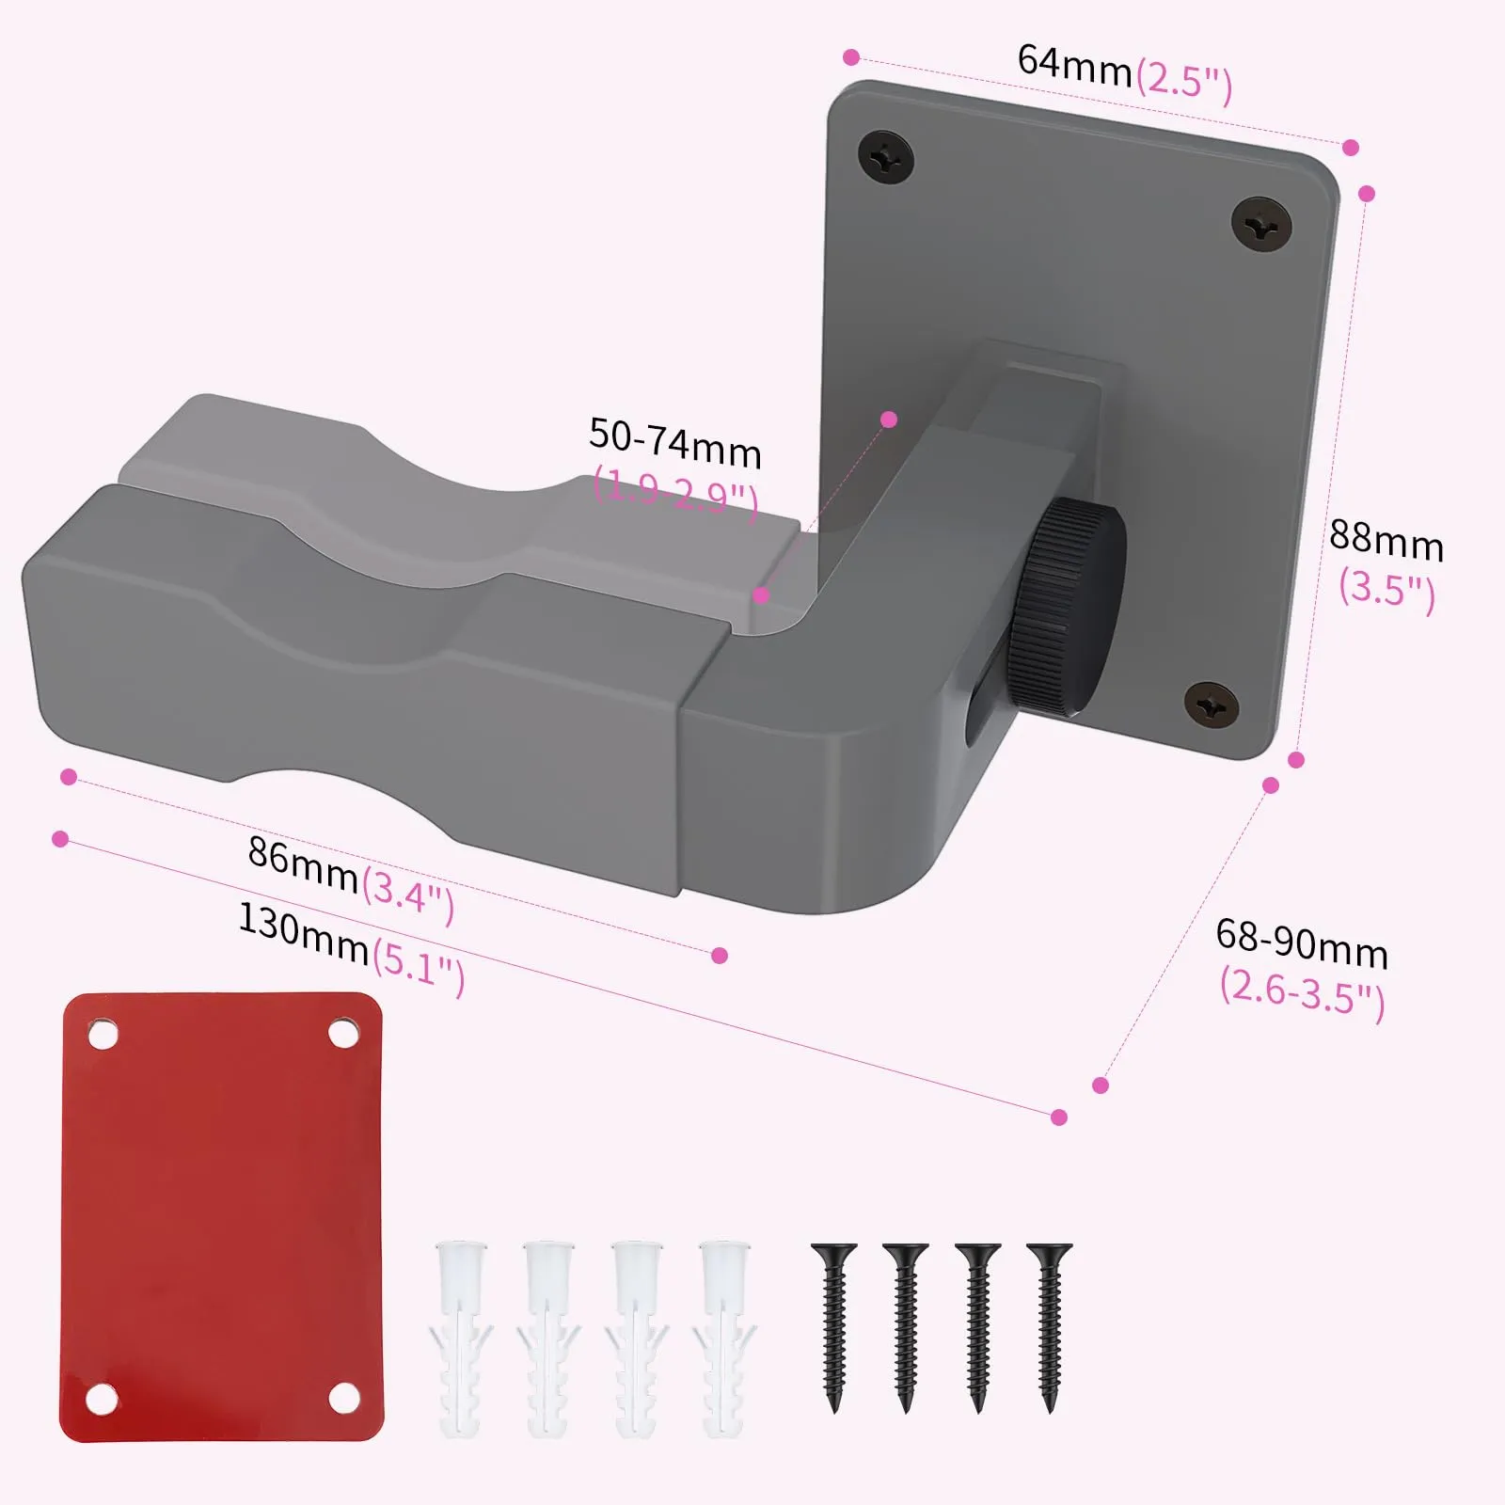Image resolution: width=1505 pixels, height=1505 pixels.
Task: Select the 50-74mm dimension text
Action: point(674,443)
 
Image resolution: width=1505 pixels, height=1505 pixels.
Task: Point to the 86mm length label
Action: point(303,863)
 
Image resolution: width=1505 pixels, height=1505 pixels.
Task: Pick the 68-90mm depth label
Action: point(1302,943)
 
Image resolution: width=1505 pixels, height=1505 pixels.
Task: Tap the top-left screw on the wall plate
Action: point(886,157)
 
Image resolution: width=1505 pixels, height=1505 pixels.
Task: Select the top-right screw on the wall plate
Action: point(1261,224)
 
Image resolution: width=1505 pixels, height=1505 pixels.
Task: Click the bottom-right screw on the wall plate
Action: point(1211,705)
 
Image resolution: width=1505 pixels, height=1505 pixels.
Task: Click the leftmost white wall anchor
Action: point(461,1336)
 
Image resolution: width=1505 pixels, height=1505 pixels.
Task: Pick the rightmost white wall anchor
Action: point(725,1336)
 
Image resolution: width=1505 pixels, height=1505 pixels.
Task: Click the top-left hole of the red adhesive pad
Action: point(103,1036)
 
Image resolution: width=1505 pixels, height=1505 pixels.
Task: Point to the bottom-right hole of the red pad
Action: point(344,1398)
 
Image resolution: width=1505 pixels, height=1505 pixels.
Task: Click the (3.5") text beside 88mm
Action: point(1387,590)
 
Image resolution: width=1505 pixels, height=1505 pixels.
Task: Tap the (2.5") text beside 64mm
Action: point(1184,81)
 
